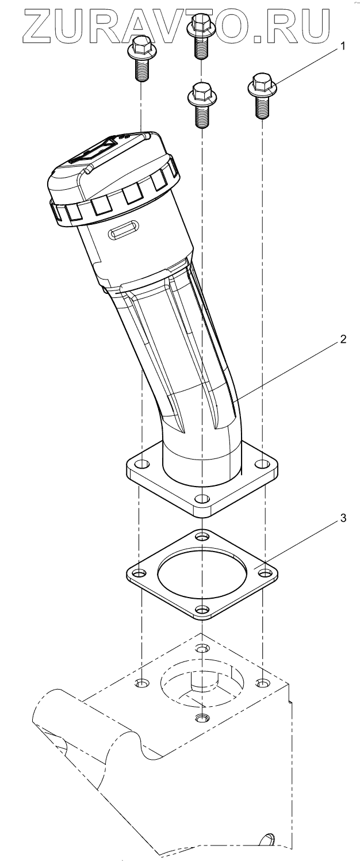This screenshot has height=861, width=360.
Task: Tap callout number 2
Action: click(x=342, y=339)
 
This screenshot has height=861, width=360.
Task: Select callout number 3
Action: click(x=343, y=518)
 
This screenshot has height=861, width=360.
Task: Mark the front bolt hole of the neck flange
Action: click(x=201, y=499)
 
